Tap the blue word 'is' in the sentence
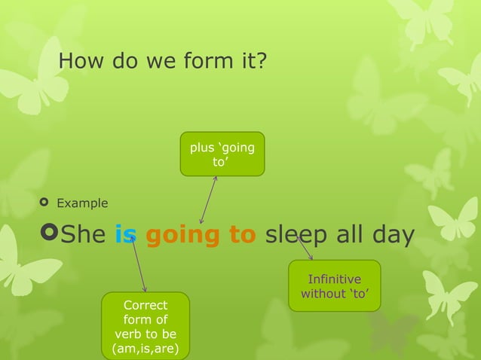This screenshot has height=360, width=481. [125, 236]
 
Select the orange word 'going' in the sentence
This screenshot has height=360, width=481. [184, 236]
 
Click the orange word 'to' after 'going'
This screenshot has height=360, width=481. [243, 236]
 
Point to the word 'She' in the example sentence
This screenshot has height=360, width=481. [84, 236]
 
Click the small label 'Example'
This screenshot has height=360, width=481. [82, 203]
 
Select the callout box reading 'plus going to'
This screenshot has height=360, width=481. [222, 154]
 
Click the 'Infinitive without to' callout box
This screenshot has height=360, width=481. [334, 285]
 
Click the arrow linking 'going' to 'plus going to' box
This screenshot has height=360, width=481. [208, 200]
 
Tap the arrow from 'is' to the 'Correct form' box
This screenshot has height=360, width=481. [139, 265]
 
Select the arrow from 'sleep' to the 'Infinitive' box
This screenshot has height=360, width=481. [305, 248]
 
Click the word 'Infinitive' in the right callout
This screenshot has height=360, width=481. [334, 279]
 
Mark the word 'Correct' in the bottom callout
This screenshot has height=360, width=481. [146, 305]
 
